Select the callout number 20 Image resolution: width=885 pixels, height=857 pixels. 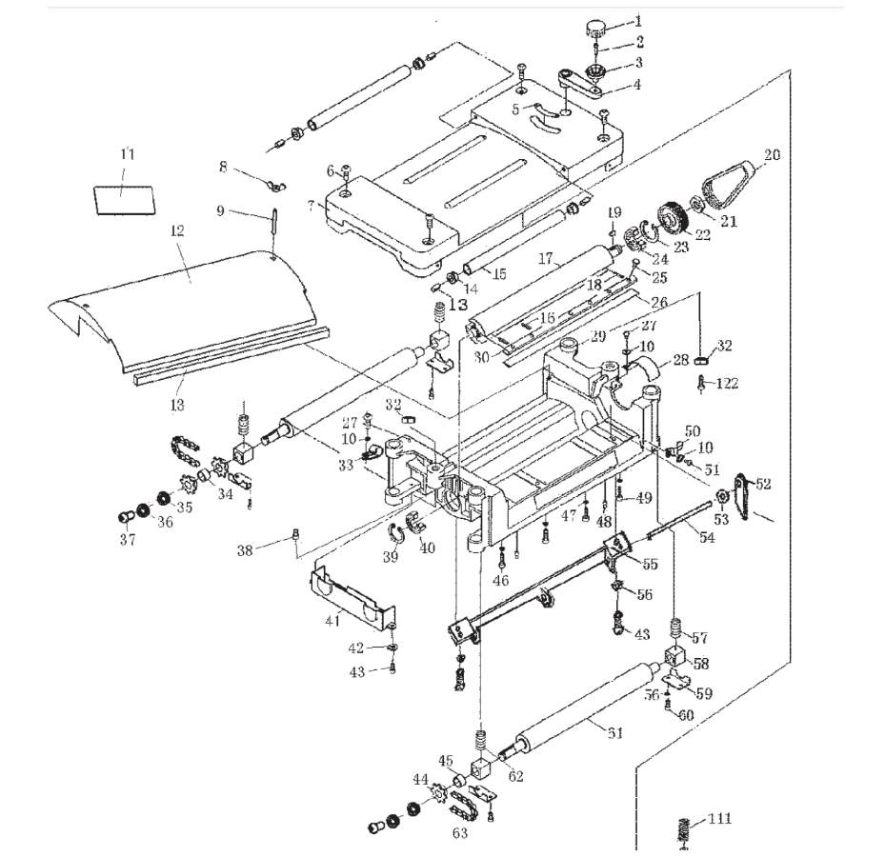point(772,155)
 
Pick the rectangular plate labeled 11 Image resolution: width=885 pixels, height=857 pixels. point(124,199)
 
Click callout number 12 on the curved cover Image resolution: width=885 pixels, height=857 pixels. point(178,231)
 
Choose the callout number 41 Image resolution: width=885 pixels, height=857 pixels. point(332,622)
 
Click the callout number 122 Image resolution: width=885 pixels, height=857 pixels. point(727,384)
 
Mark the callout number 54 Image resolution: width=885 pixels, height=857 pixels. point(706,538)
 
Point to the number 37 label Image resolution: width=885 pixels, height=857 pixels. point(128,540)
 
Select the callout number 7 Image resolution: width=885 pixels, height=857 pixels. point(311,206)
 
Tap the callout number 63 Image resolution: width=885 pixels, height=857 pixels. point(459,834)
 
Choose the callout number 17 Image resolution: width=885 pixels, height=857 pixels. point(546,258)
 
